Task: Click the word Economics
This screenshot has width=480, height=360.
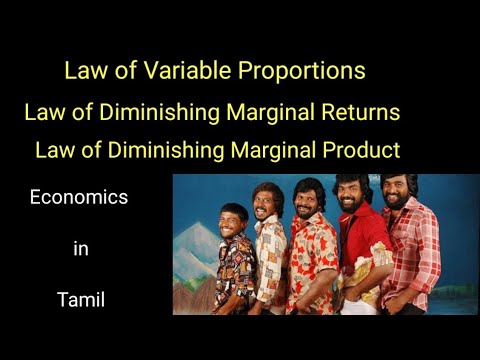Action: click(x=79, y=197)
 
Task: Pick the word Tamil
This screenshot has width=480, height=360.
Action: click(x=79, y=299)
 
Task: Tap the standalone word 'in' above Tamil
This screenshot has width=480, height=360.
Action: click(x=80, y=248)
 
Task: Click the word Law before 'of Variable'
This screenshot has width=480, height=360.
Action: click(x=83, y=71)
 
